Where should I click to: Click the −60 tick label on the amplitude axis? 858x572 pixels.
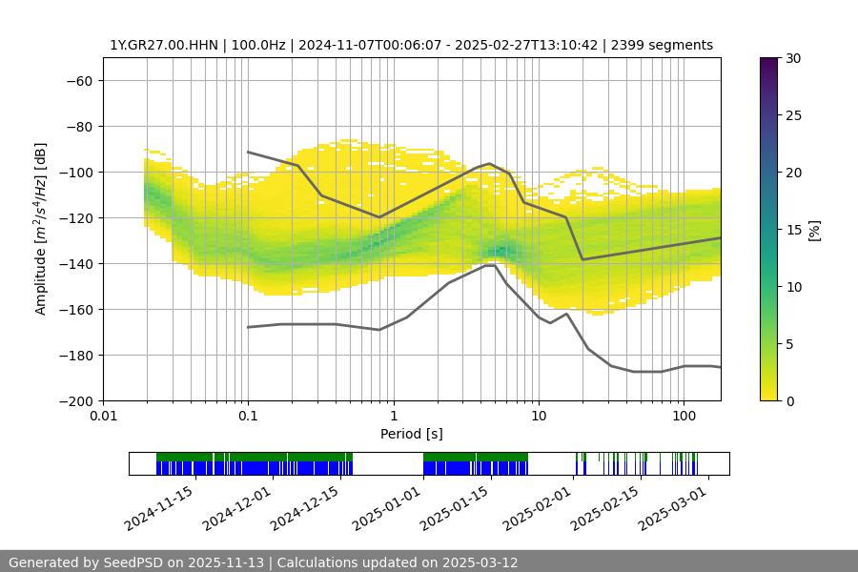tap(78, 80)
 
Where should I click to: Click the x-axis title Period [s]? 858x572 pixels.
tap(411, 434)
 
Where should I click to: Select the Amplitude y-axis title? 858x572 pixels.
tap(41, 229)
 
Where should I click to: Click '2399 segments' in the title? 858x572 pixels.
tap(662, 45)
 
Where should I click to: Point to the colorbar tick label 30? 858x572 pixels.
tap(793, 58)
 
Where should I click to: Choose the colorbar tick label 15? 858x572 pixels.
tap(793, 230)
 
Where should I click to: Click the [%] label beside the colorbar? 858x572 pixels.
tap(813, 230)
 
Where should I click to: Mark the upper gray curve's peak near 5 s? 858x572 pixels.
tap(490, 163)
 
